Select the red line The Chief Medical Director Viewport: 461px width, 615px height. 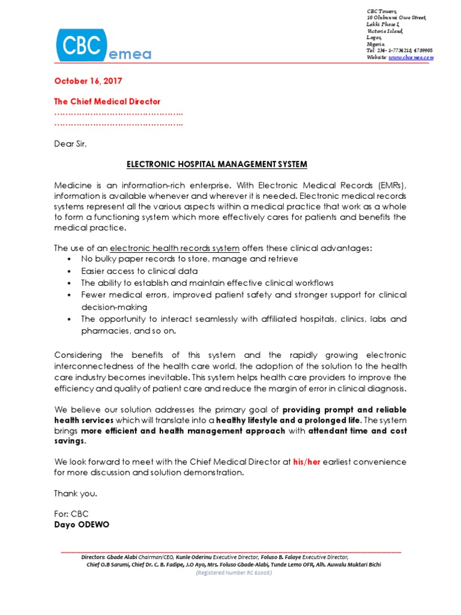pyautogui.click(x=107, y=101)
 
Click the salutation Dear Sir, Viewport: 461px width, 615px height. pyautogui.click(x=74, y=144)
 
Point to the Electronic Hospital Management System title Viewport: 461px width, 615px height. pyautogui.click(x=217, y=164)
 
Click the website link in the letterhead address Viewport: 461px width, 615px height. pyautogui.click(x=411, y=58)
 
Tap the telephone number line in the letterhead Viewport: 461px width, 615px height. pyautogui.click(x=399, y=51)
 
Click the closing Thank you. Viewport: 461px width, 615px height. pyautogui.click(x=75, y=494)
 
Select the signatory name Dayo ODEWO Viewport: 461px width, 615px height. pyautogui.click(x=82, y=524)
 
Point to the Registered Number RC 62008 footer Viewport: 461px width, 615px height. pyautogui.click(x=234, y=573)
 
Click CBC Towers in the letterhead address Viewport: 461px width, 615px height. pyautogui.click(x=382, y=12)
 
